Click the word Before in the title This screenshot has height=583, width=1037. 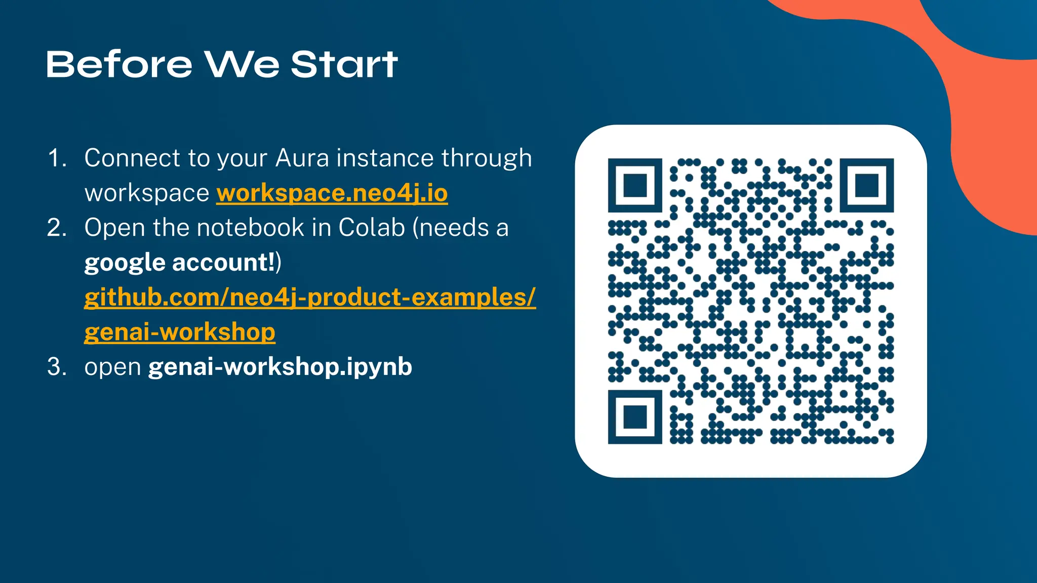click(x=119, y=65)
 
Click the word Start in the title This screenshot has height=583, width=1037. click(x=344, y=65)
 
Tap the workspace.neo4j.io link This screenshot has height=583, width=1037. click(x=332, y=193)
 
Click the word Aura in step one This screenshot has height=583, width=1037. click(x=302, y=158)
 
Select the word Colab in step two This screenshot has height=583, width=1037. click(x=372, y=228)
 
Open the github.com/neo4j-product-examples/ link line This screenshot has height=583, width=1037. click(x=309, y=297)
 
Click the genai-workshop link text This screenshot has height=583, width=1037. click(x=180, y=332)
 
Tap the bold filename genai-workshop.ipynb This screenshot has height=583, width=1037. click(x=280, y=366)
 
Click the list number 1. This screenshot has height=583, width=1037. click(x=56, y=158)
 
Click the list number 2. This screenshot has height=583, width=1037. click(x=56, y=228)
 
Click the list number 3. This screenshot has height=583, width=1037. click(x=56, y=366)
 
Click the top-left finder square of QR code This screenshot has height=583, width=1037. click(x=635, y=185)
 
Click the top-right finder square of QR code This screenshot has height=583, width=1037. click(x=866, y=185)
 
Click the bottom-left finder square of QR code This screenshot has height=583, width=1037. click(x=635, y=417)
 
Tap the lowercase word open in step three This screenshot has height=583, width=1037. click(x=112, y=367)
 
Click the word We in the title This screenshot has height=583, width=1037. click(x=242, y=65)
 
